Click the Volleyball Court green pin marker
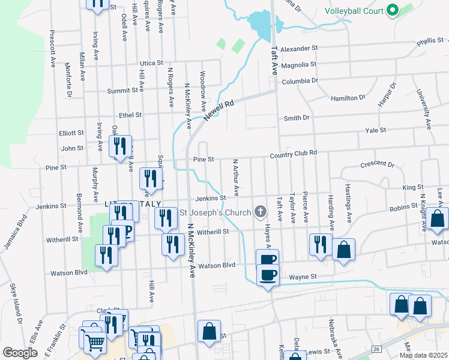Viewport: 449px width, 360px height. click(x=393, y=10)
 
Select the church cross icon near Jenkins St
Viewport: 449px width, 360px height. click(x=260, y=211)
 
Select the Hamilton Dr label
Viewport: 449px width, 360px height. click(x=348, y=97)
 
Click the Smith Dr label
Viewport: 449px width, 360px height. click(x=297, y=118)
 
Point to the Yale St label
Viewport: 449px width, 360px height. click(x=375, y=130)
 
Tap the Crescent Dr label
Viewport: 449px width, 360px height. click(x=377, y=164)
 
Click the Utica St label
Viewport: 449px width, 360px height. click(x=151, y=62)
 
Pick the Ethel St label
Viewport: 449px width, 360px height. click(x=130, y=115)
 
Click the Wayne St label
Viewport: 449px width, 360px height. click(x=303, y=277)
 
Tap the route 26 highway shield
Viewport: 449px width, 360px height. click(x=376, y=349)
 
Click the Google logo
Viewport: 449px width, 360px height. click(x=20, y=353)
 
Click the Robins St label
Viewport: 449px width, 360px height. click(x=403, y=207)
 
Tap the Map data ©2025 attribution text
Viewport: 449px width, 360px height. click(x=423, y=355)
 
